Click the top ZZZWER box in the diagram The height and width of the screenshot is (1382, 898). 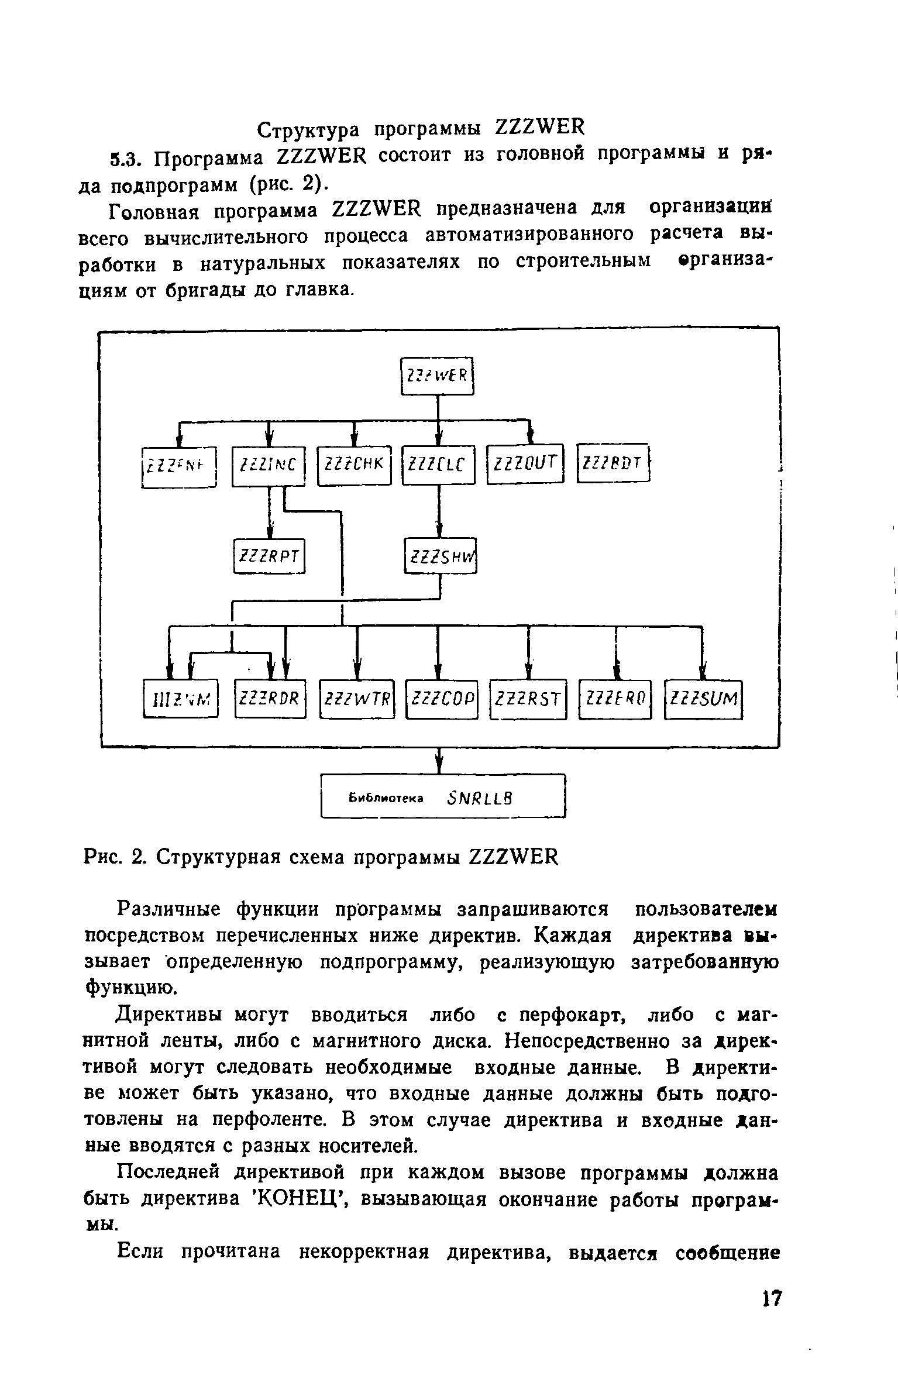click(x=437, y=376)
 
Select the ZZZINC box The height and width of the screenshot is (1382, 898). click(x=269, y=466)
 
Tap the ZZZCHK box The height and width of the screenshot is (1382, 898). click(x=354, y=466)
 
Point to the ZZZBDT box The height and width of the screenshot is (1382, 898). click(x=613, y=463)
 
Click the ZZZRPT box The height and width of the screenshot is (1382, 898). click(x=270, y=556)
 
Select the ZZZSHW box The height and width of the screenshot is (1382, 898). click(x=441, y=556)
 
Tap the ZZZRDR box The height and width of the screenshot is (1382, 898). click(x=270, y=698)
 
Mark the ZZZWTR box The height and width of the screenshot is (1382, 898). click(x=357, y=699)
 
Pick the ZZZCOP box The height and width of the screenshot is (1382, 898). click(x=442, y=699)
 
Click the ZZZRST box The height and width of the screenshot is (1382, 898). click(x=528, y=699)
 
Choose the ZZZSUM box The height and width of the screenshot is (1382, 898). click(x=704, y=699)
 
